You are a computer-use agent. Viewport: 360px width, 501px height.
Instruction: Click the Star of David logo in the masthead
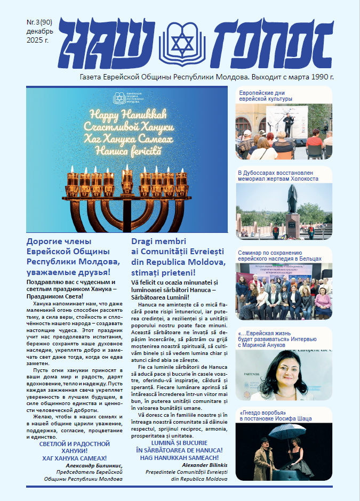(181, 40)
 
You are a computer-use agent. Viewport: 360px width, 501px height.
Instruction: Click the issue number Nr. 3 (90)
(38, 23)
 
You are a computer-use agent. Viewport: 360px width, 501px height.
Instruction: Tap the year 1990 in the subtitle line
(314, 77)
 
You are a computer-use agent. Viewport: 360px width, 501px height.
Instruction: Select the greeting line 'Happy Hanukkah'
(127, 114)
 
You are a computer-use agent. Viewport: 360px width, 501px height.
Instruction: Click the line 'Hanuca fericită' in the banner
(127, 151)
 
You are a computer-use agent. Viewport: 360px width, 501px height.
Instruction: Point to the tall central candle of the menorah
(127, 176)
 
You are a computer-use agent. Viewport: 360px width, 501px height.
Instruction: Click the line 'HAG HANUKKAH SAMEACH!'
(179, 458)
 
